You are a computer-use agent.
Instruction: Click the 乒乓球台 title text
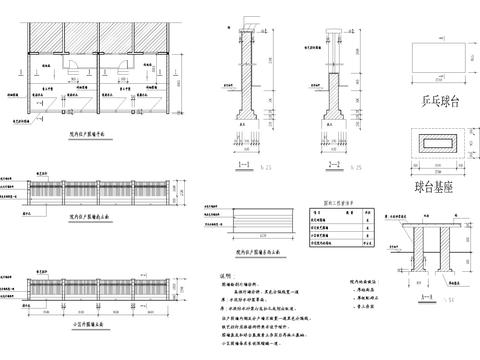440,102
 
